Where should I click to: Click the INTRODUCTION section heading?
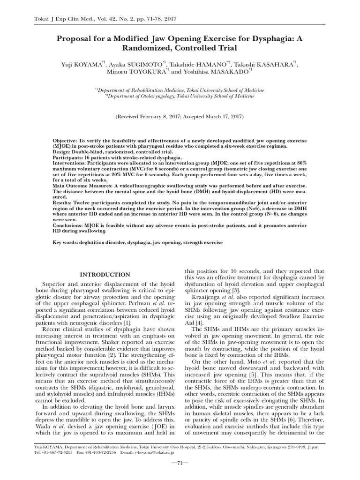105,274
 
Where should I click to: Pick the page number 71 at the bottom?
180,463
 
